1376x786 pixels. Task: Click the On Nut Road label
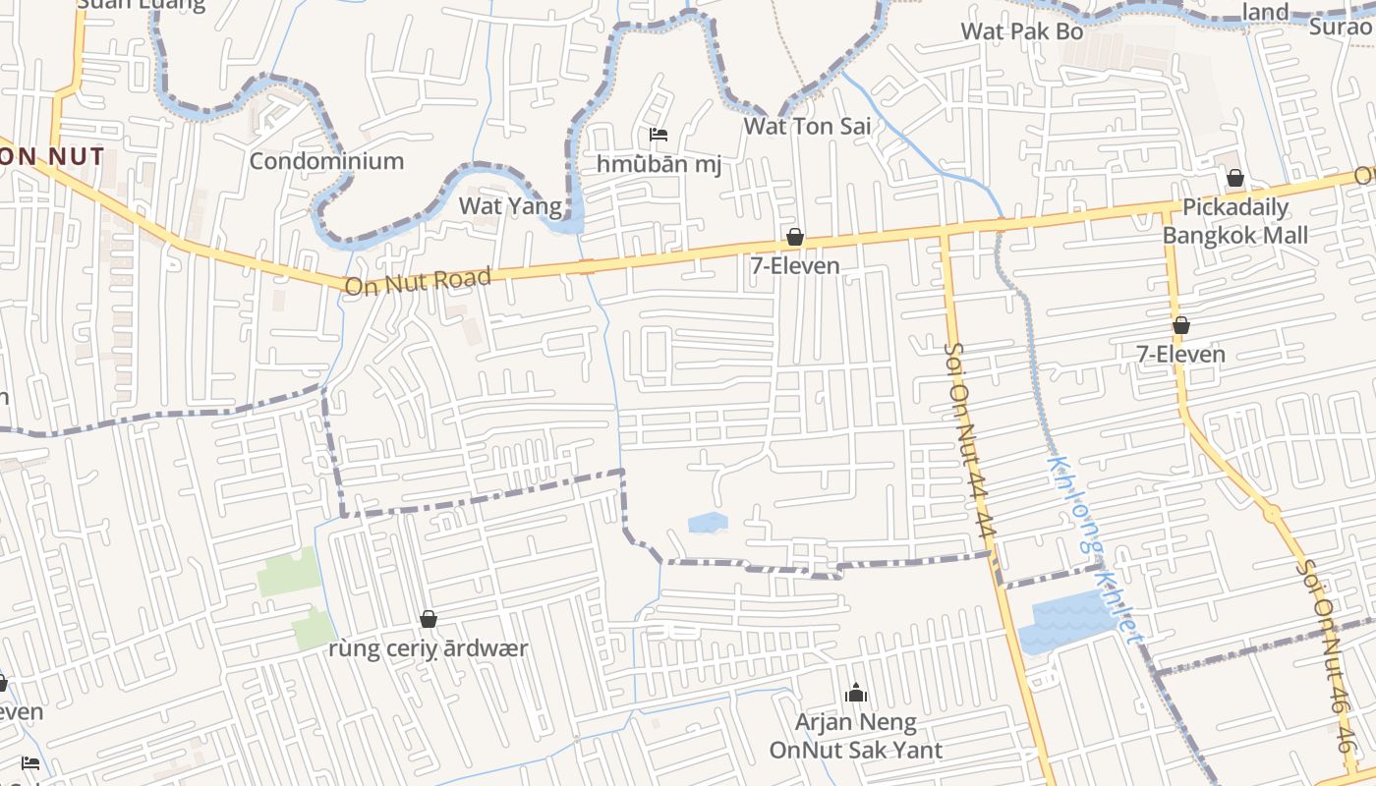click(418, 282)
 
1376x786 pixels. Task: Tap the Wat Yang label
click(510, 205)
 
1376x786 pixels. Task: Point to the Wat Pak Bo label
click(1022, 31)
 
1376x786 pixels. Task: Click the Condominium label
click(326, 161)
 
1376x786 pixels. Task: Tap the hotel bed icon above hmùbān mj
click(659, 135)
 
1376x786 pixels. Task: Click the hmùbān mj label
click(659, 164)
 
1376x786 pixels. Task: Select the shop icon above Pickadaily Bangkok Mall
click(1234, 178)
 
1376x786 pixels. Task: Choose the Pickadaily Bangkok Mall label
click(1235, 221)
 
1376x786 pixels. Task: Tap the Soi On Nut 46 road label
click(1325, 654)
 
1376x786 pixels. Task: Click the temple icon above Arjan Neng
click(856, 694)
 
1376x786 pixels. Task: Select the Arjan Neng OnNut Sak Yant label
click(855, 737)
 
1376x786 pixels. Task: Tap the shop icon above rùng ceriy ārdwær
click(428, 619)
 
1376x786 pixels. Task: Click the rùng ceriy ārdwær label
click(428, 648)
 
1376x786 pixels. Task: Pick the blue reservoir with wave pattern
click(1065, 620)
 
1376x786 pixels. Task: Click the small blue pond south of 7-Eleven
click(708, 523)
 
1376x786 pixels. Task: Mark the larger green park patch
click(289, 573)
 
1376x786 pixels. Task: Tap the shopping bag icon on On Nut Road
click(794, 237)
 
